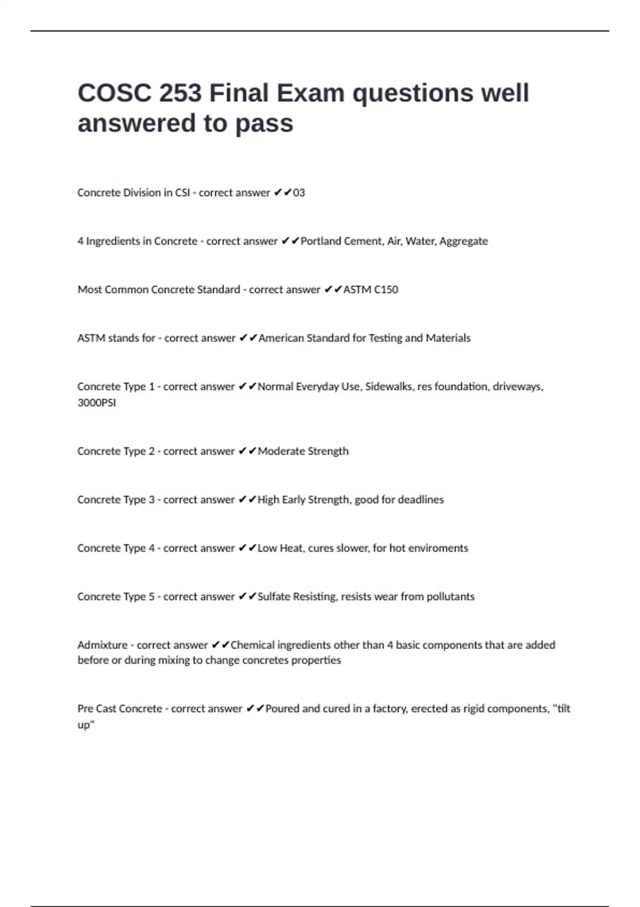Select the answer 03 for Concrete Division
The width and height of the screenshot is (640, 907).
click(299, 193)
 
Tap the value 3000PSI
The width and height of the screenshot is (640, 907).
click(97, 403)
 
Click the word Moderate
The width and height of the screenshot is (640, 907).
click(281, 451)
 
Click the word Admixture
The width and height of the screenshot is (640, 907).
click(102, 645)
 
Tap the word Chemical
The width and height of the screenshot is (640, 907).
click(252, 645)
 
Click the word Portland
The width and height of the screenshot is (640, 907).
click(321, 241)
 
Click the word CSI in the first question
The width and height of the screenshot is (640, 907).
click(182, 193)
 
